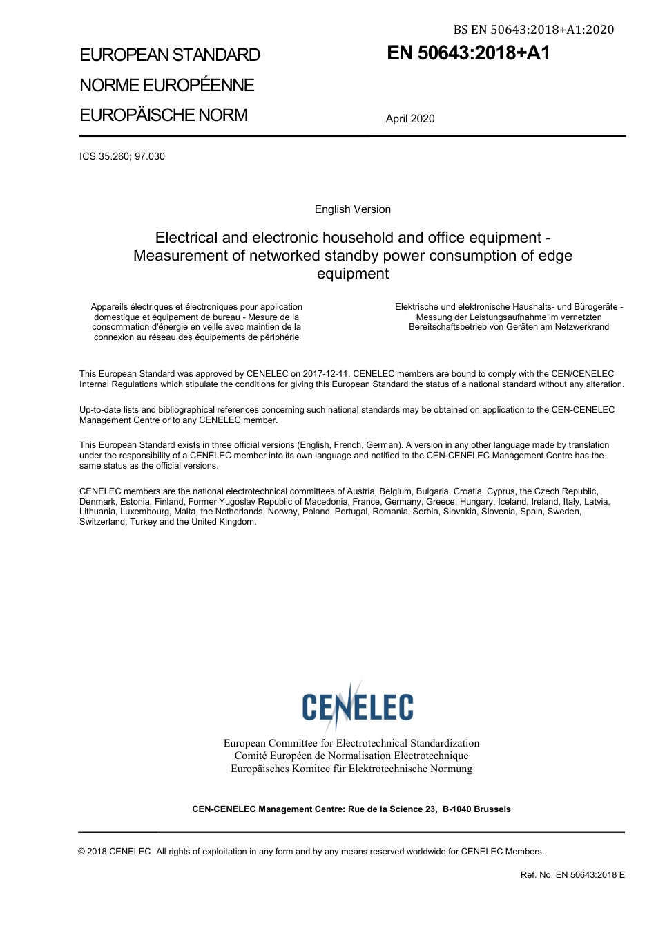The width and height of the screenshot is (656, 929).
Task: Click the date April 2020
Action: point(410,119)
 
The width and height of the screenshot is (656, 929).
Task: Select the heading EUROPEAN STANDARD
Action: point(170,55)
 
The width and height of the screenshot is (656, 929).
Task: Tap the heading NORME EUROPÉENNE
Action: point(167,85)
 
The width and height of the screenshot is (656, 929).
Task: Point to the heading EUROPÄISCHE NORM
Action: point(164,115)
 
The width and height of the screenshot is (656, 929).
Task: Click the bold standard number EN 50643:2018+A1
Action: point(468,53)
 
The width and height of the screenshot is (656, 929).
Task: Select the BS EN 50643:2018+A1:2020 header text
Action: point(533,29)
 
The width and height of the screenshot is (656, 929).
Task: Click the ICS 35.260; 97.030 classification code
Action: point(122,156)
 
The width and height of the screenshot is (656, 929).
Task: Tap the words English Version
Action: point(353,209)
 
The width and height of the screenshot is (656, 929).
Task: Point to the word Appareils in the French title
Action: point(110,307)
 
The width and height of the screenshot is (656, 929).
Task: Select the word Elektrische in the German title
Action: point(418,307)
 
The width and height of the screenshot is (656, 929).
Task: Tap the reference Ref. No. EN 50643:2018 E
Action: point(572,875)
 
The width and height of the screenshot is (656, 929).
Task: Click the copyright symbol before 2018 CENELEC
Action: point(82,852)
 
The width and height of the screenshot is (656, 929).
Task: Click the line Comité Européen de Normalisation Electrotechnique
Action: point(351,756)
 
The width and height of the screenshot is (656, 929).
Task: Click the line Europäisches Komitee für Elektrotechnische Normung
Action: point(351,769)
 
